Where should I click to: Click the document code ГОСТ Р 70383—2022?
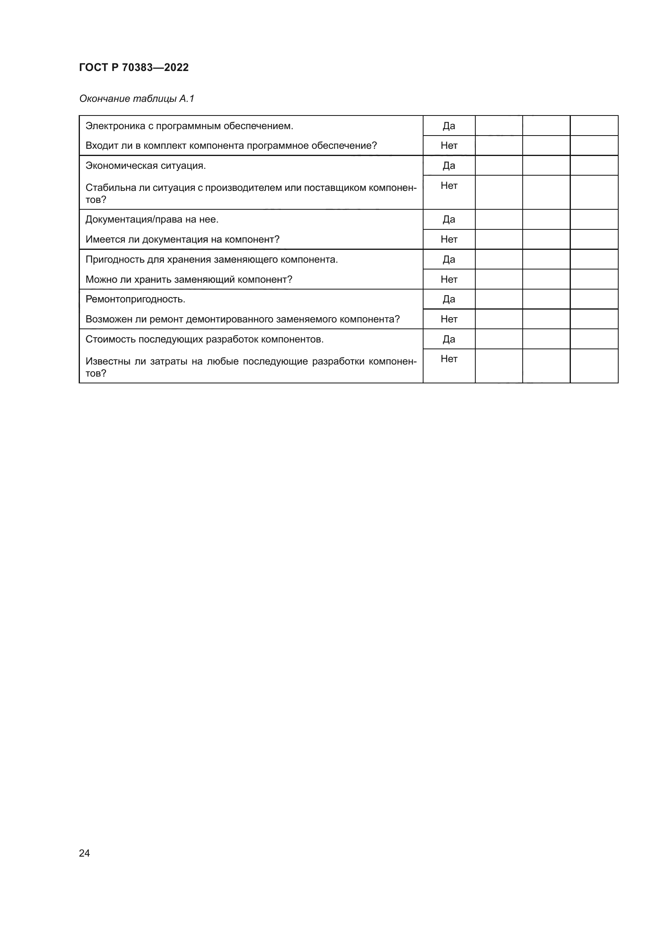click(134, 67)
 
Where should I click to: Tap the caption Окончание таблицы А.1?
click(136, 99)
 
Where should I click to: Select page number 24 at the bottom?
click(84, 853)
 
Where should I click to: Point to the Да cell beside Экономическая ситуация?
click(448, 166)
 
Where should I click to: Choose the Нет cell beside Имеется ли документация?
click(448, 239)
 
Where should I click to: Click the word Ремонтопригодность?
click(135, 299)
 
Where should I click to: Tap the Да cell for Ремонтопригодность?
click(448, 299)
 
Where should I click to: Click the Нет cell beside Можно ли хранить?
click(448, 280)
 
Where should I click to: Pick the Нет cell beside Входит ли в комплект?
click(448, 146)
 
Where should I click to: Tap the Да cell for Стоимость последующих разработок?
click(448, 339)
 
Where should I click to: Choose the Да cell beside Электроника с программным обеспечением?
click(448, 126)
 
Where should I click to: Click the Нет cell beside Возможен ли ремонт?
click(448, 319)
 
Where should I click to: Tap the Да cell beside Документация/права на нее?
click(448, 219)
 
